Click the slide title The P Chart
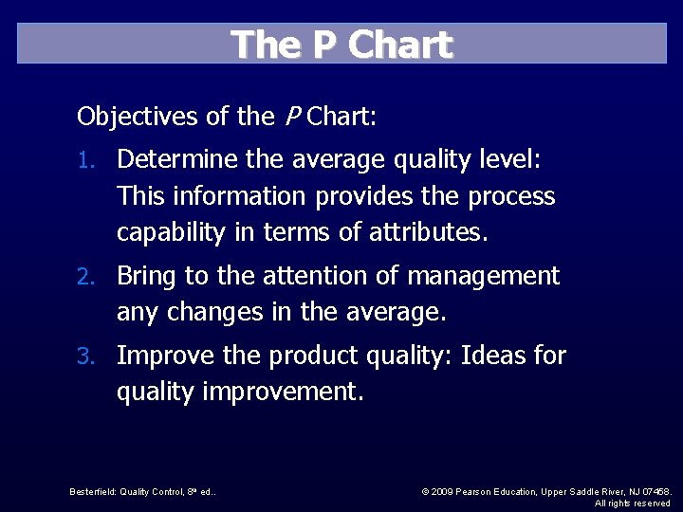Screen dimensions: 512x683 click(341, 45)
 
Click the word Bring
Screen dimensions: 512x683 click(146, 276)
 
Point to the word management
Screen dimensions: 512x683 click(484, 277)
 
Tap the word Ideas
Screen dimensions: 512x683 click(495, 356)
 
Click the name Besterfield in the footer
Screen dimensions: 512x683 click(93, 491)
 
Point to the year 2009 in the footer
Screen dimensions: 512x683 click(442, 491)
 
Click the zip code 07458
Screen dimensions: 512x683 click(655, 491)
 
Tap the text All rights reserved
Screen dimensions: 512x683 click(632, 503)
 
